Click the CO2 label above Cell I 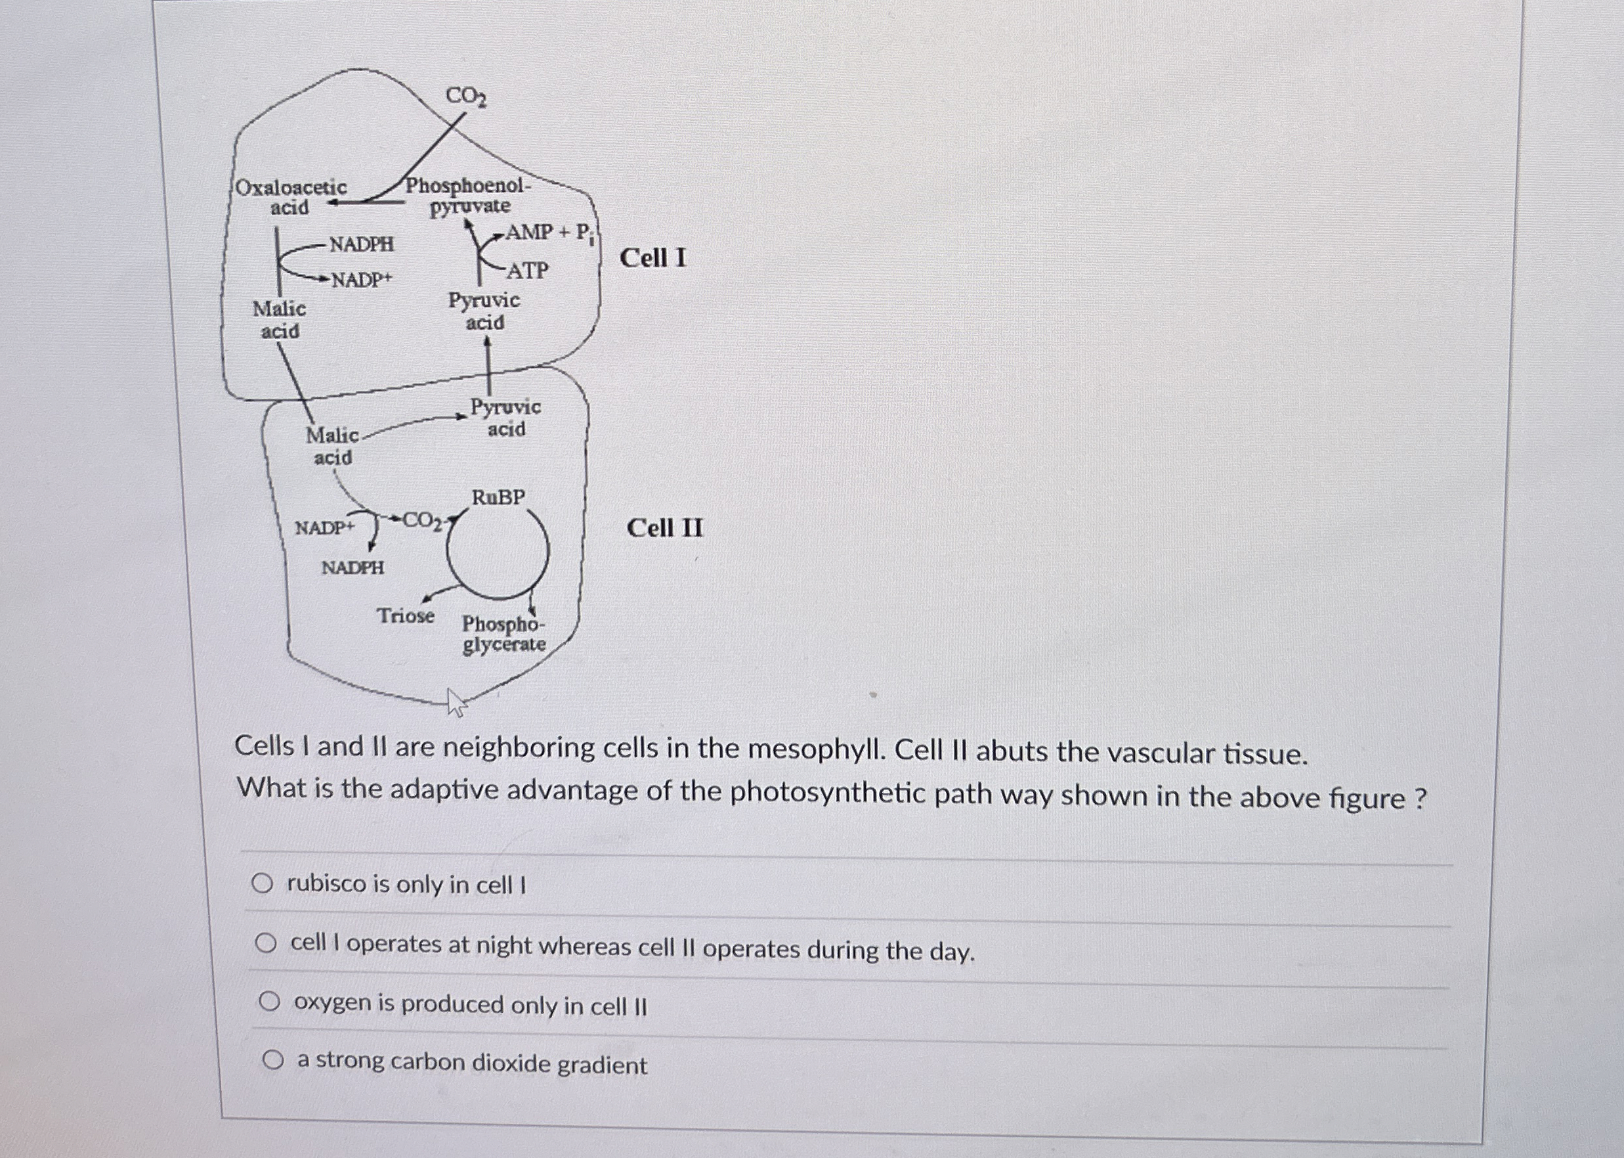click(x=466, y=97)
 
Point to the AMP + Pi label click(x=549, y=233)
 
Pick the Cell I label click(x=652, y=258)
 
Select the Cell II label click(x=665, y=528)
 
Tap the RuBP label click(x=499, y=497)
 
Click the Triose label click(x=406, y=615)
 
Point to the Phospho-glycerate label click(x=503, y=634)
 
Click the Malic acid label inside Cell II click(x=333, y=445)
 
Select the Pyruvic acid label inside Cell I click(x=484, y=311)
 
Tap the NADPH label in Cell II click(x=353, y=568)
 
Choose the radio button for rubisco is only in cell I click(x=262, y=884)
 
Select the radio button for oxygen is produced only click(x=268, y=1002)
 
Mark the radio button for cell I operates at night click(x=266, y=944)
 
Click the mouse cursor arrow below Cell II click(x=455, y=701)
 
